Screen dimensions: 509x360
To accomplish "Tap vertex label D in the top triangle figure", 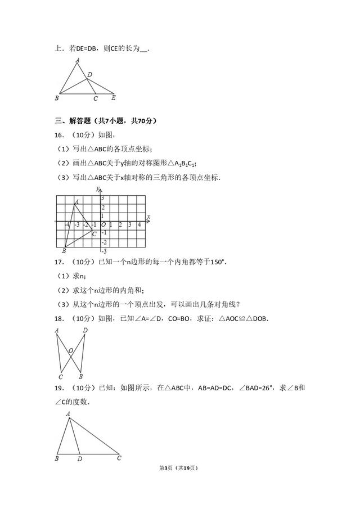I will pyautogui.click(x=90, y=74).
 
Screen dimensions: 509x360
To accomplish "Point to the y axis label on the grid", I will pyautogui.click(x=98, y=188).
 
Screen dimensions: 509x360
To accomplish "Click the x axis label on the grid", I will pyautogui.click(x=148, y=217).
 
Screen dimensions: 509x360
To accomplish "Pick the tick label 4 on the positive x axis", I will pyautogui.click(x=139, y=225).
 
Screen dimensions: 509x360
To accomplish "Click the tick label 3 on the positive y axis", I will pyautogui.click(x=103, y=199).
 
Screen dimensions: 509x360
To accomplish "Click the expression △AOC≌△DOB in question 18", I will pyautogui.click(x=243, y=318).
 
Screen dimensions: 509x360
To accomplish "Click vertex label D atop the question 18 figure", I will pyautogui.click(x=85, y=331).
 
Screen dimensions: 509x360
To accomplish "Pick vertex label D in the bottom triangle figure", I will pyautogui.click(x=79, y=459).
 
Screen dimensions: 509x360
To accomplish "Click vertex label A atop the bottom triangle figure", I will pyautogui.click(x=68, y=414).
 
